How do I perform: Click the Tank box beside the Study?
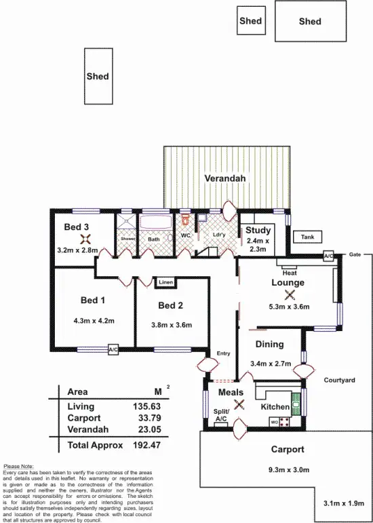pyautogui.click(x=308, y=237)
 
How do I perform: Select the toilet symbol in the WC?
pyautogui.click(x=186, y=220)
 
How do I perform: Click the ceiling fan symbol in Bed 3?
pyautogui.click(x=85, y=238)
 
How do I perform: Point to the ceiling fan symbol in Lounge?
pyautogui.click(x=290, y=294)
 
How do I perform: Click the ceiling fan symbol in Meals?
pyautogui.click(x=238, y=406)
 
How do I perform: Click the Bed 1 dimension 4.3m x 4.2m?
pyautogui.click(x=94, y=321)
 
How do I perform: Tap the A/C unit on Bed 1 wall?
pyautogui.click(x=113, y=350)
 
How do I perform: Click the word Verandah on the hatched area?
pyautogui.click(x=225, y=178)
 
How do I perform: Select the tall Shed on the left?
pyautogui.click(x=98, y=77)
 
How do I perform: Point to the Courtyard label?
pyautogui.click(x=340, y=381)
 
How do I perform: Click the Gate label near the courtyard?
pyautogui.click(x=355, y=254)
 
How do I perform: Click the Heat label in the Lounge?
pyautogui.click(x=290, y=273)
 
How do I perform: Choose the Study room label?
pyautogui.click(x=258, y=231)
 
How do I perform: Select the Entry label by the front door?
pyautogui.click(x=223, y=353)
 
